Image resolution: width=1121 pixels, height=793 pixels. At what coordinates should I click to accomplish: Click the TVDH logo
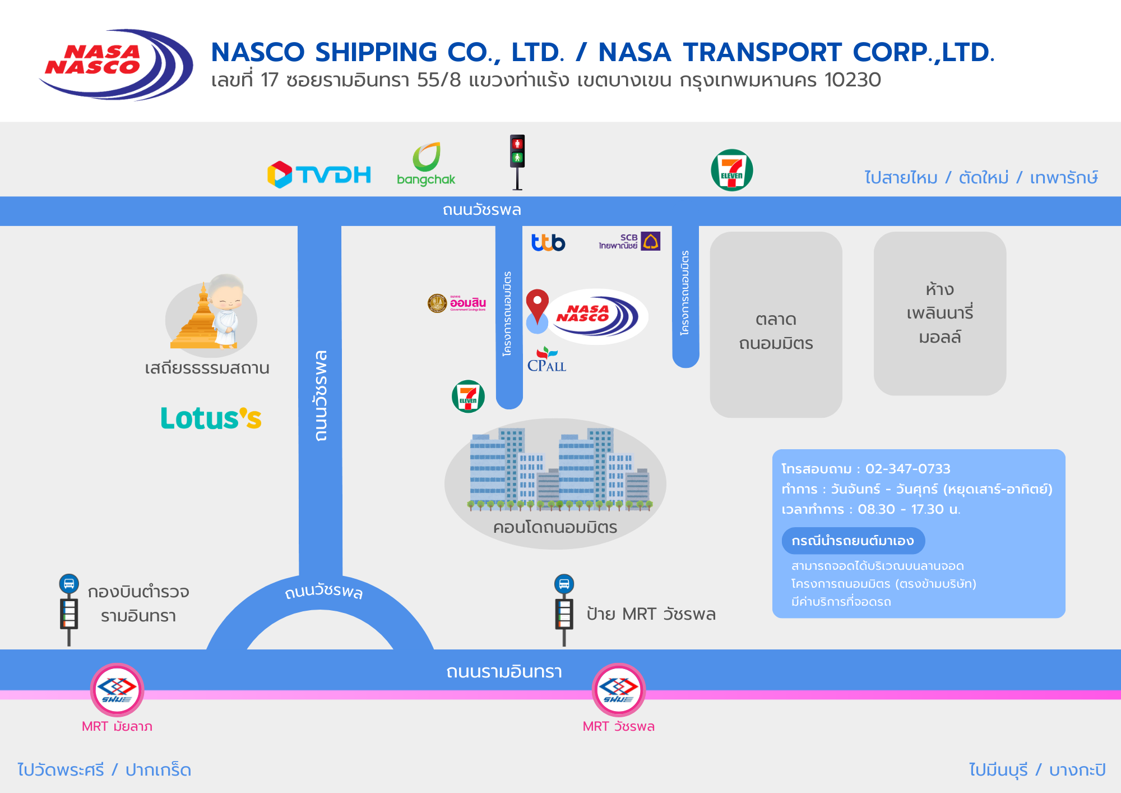tap(319, 174)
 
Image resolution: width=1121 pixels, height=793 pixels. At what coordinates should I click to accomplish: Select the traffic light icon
tap(517, 162)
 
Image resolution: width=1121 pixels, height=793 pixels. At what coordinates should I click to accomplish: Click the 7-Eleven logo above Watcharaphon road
tap(731, 170)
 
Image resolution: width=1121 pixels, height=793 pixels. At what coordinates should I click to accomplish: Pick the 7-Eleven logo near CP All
tap(468, 396)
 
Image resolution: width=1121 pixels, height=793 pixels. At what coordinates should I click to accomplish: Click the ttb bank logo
tap(548, 242)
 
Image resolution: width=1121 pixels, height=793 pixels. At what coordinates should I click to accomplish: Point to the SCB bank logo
tap(629, 241)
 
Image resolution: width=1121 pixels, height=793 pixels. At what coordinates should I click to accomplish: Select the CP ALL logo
tap(546, 360)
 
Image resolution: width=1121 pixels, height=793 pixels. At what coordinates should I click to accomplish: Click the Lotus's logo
tap(211, 418)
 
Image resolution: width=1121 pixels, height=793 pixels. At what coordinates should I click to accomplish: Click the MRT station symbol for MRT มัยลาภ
tap(117, 689)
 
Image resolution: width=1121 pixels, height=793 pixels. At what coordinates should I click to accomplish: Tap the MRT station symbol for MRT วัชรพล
tap(619, 689)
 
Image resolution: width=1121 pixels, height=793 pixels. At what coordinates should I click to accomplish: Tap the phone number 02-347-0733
tap(907, 469)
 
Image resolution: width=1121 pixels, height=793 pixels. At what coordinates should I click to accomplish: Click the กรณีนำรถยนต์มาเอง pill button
tap(853, 541)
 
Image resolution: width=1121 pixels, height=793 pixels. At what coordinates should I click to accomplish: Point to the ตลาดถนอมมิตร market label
tap(776, 331)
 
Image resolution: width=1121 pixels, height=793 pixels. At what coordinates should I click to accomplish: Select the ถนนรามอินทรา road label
tap(504, 671)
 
